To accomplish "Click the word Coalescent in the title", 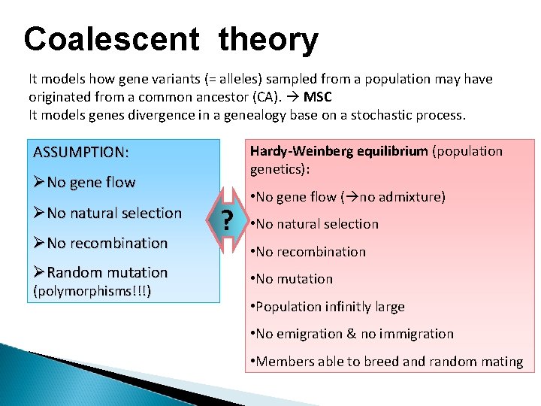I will point(111,38).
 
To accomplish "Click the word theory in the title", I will point(268,38).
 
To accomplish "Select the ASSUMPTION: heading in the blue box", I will point(81,153).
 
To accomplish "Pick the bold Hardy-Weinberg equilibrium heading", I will point(340,151).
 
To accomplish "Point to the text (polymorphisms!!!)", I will point(89,291).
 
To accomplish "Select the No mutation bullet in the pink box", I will point(294,279).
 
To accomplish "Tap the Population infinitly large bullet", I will point(330,307).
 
